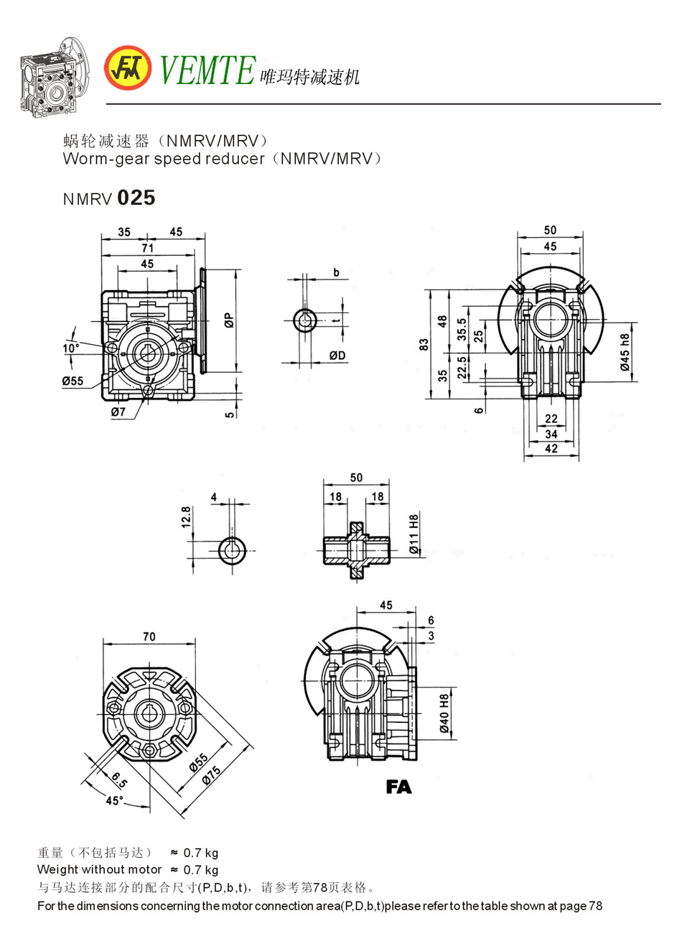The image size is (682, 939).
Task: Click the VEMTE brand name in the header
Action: click(x=206, y=70)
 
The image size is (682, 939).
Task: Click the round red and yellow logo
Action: click(x=127, y=68)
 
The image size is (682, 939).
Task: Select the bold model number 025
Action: click(x=136, y=198)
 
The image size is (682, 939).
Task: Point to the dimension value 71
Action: click(x=147, y=248)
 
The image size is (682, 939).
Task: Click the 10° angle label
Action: click(x=71, y=348)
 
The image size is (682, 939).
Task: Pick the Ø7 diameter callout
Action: click(x=118, y=412)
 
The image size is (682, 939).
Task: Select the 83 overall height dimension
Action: click(x=424, y=345)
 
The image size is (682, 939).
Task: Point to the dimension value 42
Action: click(x=551, y=448)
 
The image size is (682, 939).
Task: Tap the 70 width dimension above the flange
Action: click(x=149, y=637)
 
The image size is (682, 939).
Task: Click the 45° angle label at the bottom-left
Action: click(x=114, y=800)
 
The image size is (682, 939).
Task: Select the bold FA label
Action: click(x=398, y=787)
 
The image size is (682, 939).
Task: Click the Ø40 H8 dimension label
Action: click(x=445, y=713)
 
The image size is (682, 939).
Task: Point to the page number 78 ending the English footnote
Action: click(x=595, y=905)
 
